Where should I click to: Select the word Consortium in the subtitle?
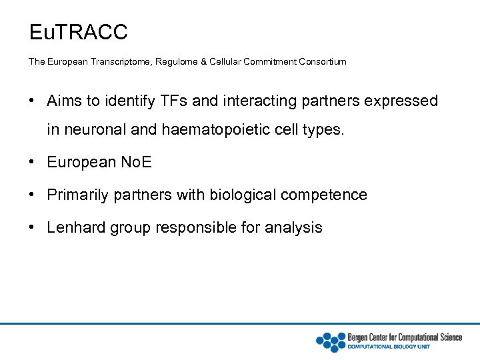pyautogui.click(x=319, y=62)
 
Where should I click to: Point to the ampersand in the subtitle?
pyautogui.click(x=203, y=62)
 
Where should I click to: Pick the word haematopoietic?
pyautogui.click(x=216, y=130)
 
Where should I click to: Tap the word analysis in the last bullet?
pyautogui.click(x=293, y=227)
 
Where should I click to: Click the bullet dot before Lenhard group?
pyautogui.click(x=32, y=227)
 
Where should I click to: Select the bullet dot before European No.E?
pyautogui.click(x=32, y=162)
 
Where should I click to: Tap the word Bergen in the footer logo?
pyautogui.click(x=359, y=337)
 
